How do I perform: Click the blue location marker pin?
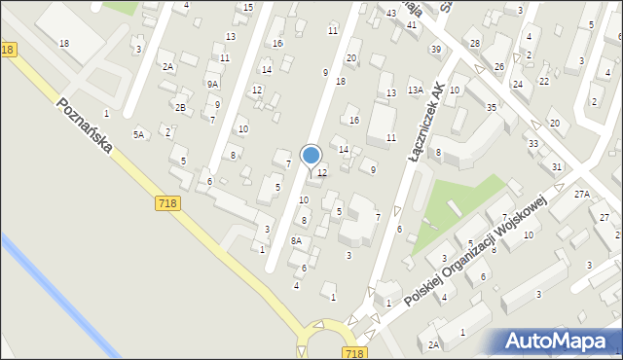click(x=311, y=156)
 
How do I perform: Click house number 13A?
click(x=415, y=90)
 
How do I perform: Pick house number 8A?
click(x=296, y=240)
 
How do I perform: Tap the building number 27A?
click(x=581, y=195)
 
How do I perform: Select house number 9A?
click(x=212, y=85)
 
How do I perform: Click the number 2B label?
click(x=180, y=107)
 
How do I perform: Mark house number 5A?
click(x=138, y=135)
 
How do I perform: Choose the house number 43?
click(x=390, y=13)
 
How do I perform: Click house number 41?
click(x=412, y=24)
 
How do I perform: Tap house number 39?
click(x=436, y=49)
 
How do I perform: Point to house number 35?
click(x=492, y=107)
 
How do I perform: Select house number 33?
click(x=533, y=144)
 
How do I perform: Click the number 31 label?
click(x=557, y=167)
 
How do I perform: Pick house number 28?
click(x=475, y=44)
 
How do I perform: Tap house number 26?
click(x=498, y=66)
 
